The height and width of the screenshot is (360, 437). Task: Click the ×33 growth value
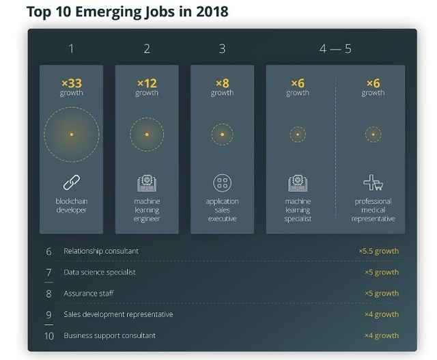tap(72, 83)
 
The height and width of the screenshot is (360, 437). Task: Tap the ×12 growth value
tap(147, 83)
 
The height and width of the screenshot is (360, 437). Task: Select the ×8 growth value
tap(222, 83)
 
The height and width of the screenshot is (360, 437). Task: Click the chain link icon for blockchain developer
tap(72, 182)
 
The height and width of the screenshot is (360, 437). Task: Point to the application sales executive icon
tap(222, 182)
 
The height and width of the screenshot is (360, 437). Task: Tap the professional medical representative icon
tap(373, 182)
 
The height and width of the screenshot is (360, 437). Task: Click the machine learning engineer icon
tap(147, 182)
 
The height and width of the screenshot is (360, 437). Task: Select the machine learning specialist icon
tap(298, 182)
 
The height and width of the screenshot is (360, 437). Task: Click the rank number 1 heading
tap(72, 49)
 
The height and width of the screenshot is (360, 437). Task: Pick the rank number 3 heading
tap(222, 49)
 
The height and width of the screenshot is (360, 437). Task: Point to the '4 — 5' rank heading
tap(335, 49)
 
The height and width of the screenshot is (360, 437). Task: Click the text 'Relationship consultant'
tap(101, 251)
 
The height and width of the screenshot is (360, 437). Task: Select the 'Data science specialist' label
tap(100, 272)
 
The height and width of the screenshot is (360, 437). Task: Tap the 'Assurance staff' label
tap(89, 293)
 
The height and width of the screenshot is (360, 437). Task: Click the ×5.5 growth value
tap(378, 251)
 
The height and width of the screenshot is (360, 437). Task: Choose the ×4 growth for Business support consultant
tap(382, 335)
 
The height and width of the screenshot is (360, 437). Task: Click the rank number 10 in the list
tap(48, 335)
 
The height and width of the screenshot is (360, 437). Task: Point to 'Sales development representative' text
tap(118, 314)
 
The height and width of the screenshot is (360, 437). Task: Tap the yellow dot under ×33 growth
tap(72, 135)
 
